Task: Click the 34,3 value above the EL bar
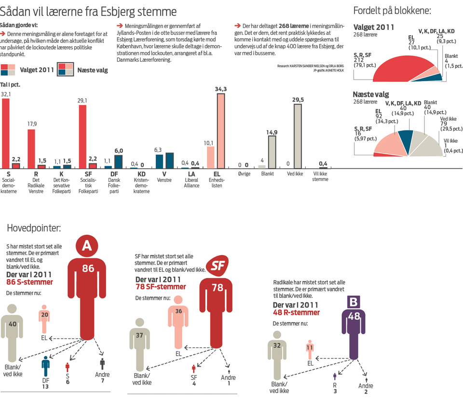(220, 89)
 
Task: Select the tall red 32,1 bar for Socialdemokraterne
(6, 133)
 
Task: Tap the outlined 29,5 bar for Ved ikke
(298, 135)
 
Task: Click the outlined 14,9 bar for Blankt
(272, 151)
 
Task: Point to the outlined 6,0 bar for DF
(119, 161)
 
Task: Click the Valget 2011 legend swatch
(8, 70)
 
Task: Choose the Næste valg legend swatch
(65, 70)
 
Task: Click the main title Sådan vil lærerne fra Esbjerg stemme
(88, 11)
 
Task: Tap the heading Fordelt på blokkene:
(392, 11)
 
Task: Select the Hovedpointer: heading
(33, 227)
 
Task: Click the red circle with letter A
(87, 246)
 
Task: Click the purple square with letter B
(354, 302)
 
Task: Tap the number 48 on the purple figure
(354, 317)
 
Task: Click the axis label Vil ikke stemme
(320, 176)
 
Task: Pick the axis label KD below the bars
(141, 174)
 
